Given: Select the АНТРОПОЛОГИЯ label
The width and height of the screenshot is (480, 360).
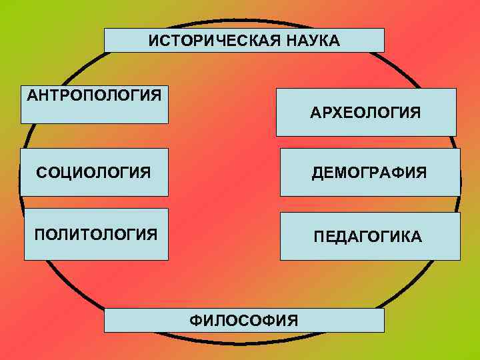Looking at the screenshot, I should [x=94, y=94].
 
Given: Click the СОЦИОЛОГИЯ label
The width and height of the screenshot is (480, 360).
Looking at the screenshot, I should [x=93, y=173].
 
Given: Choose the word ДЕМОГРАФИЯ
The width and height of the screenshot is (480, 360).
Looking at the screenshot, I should [x=369, y=173].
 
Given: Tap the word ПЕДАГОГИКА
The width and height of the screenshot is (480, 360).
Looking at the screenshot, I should [x=368, y=237].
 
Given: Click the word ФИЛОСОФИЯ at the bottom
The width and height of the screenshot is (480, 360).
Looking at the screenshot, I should [x=244, y=321].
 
